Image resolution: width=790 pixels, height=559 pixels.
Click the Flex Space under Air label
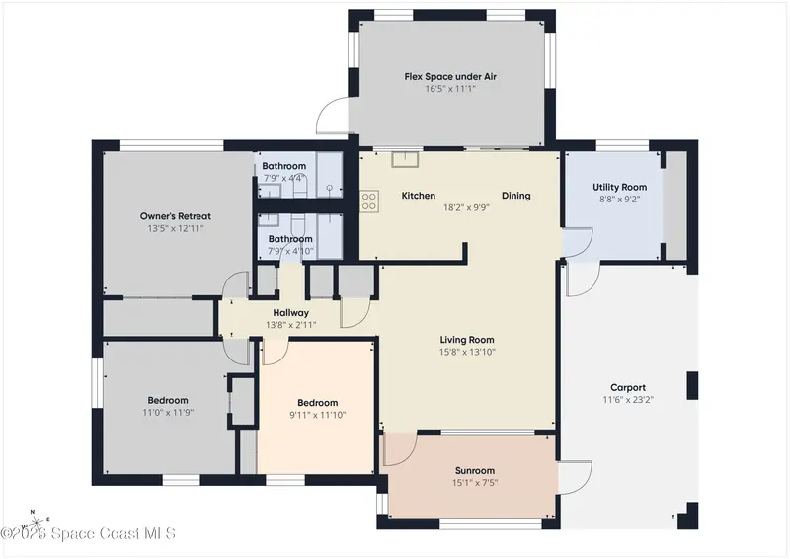click(x=450, y=77)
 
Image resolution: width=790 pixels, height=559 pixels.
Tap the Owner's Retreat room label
click(x=176, y=216)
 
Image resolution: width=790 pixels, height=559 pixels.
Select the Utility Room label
click(x=619, y=187)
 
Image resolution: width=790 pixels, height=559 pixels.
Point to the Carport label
click(x=628, y=387)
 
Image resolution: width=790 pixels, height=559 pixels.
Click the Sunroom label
click(x=475, y=471)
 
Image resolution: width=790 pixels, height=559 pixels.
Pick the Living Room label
click(x=466, y=340)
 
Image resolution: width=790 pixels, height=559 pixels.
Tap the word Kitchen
click(x=418, y=196)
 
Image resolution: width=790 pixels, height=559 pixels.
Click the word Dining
click(x=515, y=196)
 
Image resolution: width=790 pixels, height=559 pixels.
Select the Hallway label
click(x=290, y=313)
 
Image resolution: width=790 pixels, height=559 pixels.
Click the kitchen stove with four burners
click(x=369, y=201)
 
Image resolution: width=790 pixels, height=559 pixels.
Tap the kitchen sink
click(x=406, y=159)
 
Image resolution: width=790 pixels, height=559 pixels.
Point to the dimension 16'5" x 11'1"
click(x=450, y=89)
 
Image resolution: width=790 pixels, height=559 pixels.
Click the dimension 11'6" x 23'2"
click(x=628, y=400)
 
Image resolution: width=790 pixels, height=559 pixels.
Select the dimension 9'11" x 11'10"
click(x=317, y=416)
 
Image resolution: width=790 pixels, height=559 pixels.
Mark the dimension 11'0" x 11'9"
click(x=168, y=413)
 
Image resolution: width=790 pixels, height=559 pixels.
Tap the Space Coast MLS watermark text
click(x=88, y=533)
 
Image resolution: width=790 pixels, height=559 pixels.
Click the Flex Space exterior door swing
click(x=332, y=116)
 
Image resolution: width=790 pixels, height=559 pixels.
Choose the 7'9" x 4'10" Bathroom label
click(x=290, y=239)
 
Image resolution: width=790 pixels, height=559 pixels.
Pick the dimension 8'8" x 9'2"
click(x=619, y=200)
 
